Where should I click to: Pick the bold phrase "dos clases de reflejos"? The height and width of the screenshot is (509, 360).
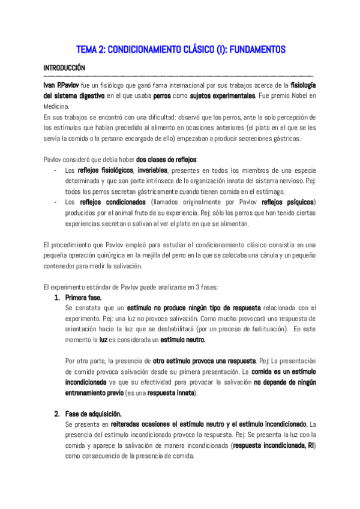point(166,159)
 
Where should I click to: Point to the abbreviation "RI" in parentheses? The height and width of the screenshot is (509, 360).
point(310,445)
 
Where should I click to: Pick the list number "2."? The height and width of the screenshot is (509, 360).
point(58,414)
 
